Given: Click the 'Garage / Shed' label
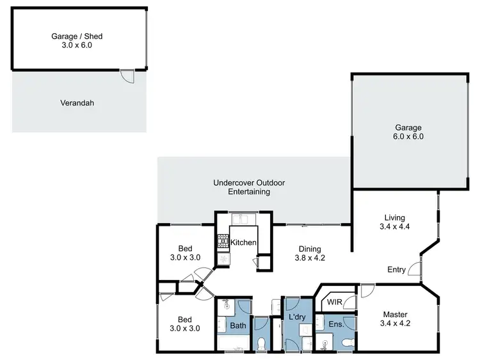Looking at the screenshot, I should [x=77, y=36].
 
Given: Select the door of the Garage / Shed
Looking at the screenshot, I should [x=129, y=76].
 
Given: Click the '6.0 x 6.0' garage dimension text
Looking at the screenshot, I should [x=409, y=136].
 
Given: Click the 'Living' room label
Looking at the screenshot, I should [x=395, y=218].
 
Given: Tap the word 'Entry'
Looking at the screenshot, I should [x=396, y=270].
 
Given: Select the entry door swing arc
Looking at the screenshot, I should [x=413, y=269].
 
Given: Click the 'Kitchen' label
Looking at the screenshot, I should [x=243, y=242].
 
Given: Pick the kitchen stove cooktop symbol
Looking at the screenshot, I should [x=223, y=242].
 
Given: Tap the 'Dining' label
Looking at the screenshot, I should [x=310, y=249].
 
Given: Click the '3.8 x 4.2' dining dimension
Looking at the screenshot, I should [x=310, y=259].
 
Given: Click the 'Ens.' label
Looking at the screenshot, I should [x=336, y=324].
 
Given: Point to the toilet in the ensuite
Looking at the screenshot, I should [x=347, y=343].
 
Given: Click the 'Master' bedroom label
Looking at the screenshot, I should [x=395, y=314].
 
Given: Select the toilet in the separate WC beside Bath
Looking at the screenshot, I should [x=261, y=343].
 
